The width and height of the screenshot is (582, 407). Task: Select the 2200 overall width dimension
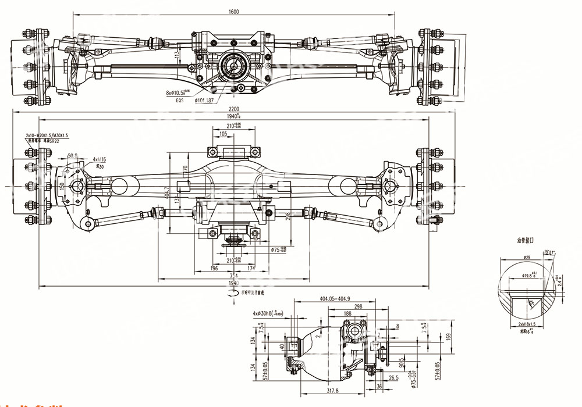pyautogui.click(x=234, y=109)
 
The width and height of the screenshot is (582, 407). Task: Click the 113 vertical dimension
pyautogui.click(x=177, y=55)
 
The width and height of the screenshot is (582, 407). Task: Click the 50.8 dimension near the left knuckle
pyautogui.click(x=73, y=155)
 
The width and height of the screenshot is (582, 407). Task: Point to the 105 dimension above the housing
pyautogui.click(x=223, y=134)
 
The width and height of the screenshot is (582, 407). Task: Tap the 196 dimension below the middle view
pyautogui.click(x=215, y=268)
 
